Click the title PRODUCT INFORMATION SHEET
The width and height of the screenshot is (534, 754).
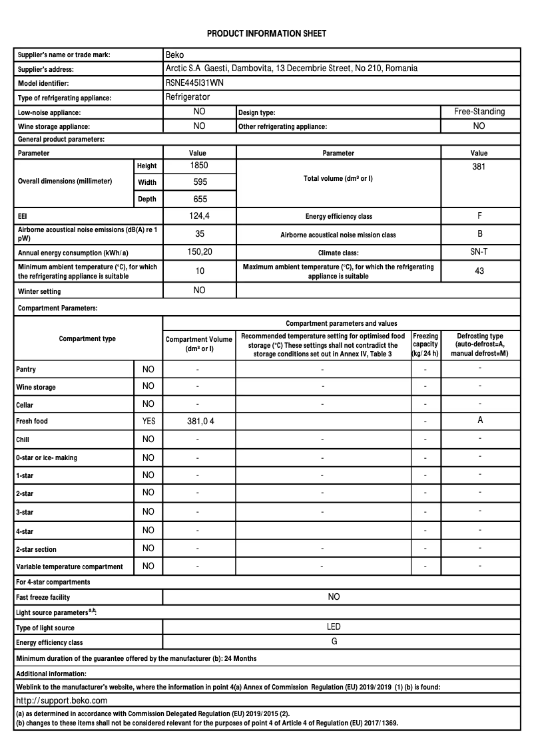coord(266,33)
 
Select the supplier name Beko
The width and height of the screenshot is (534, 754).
coord(174,55)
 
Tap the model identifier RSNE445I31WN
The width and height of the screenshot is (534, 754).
coord(195,83)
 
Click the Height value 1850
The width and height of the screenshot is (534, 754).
coord(199,166)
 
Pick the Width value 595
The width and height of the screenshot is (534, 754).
coord(199,182)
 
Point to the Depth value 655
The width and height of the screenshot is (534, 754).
coord(199,199)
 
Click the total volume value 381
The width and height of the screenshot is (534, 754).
coord(479,167)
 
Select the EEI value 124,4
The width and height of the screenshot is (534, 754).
coord(199,216)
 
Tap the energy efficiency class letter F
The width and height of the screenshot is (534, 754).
coord(479,216)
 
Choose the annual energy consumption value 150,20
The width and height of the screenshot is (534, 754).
coord(199,252)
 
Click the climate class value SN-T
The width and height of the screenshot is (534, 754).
coord(479,252)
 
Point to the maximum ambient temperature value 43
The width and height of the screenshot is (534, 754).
coord(479,271)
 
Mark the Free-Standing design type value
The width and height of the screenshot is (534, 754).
coord(479,112)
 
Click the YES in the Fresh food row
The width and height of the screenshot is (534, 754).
coord(148,421)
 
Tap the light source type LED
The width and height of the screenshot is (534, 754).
coord(334,626)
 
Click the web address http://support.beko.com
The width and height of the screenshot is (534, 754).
coord(61,700)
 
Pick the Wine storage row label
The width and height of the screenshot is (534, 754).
coord(36,387)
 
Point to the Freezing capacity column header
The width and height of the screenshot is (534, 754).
coord(425,344)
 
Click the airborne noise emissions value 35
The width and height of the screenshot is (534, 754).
coord(199,234)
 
